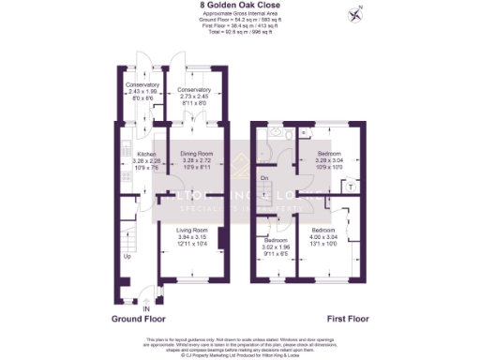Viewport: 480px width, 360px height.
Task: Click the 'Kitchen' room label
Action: click(146, 154)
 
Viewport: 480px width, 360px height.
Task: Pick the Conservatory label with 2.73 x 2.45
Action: click(193, 91)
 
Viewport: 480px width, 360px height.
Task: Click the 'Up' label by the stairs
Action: click(127, 255)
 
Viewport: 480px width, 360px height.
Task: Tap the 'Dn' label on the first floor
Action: click(264, 177)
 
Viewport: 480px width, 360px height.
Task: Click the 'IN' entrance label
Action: click(145, 308)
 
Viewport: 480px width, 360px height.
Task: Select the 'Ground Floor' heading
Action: click(140, 319)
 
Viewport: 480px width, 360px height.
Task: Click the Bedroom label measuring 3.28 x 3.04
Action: click(328, 152)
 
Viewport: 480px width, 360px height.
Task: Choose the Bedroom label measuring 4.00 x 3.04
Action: click(323, 230)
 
